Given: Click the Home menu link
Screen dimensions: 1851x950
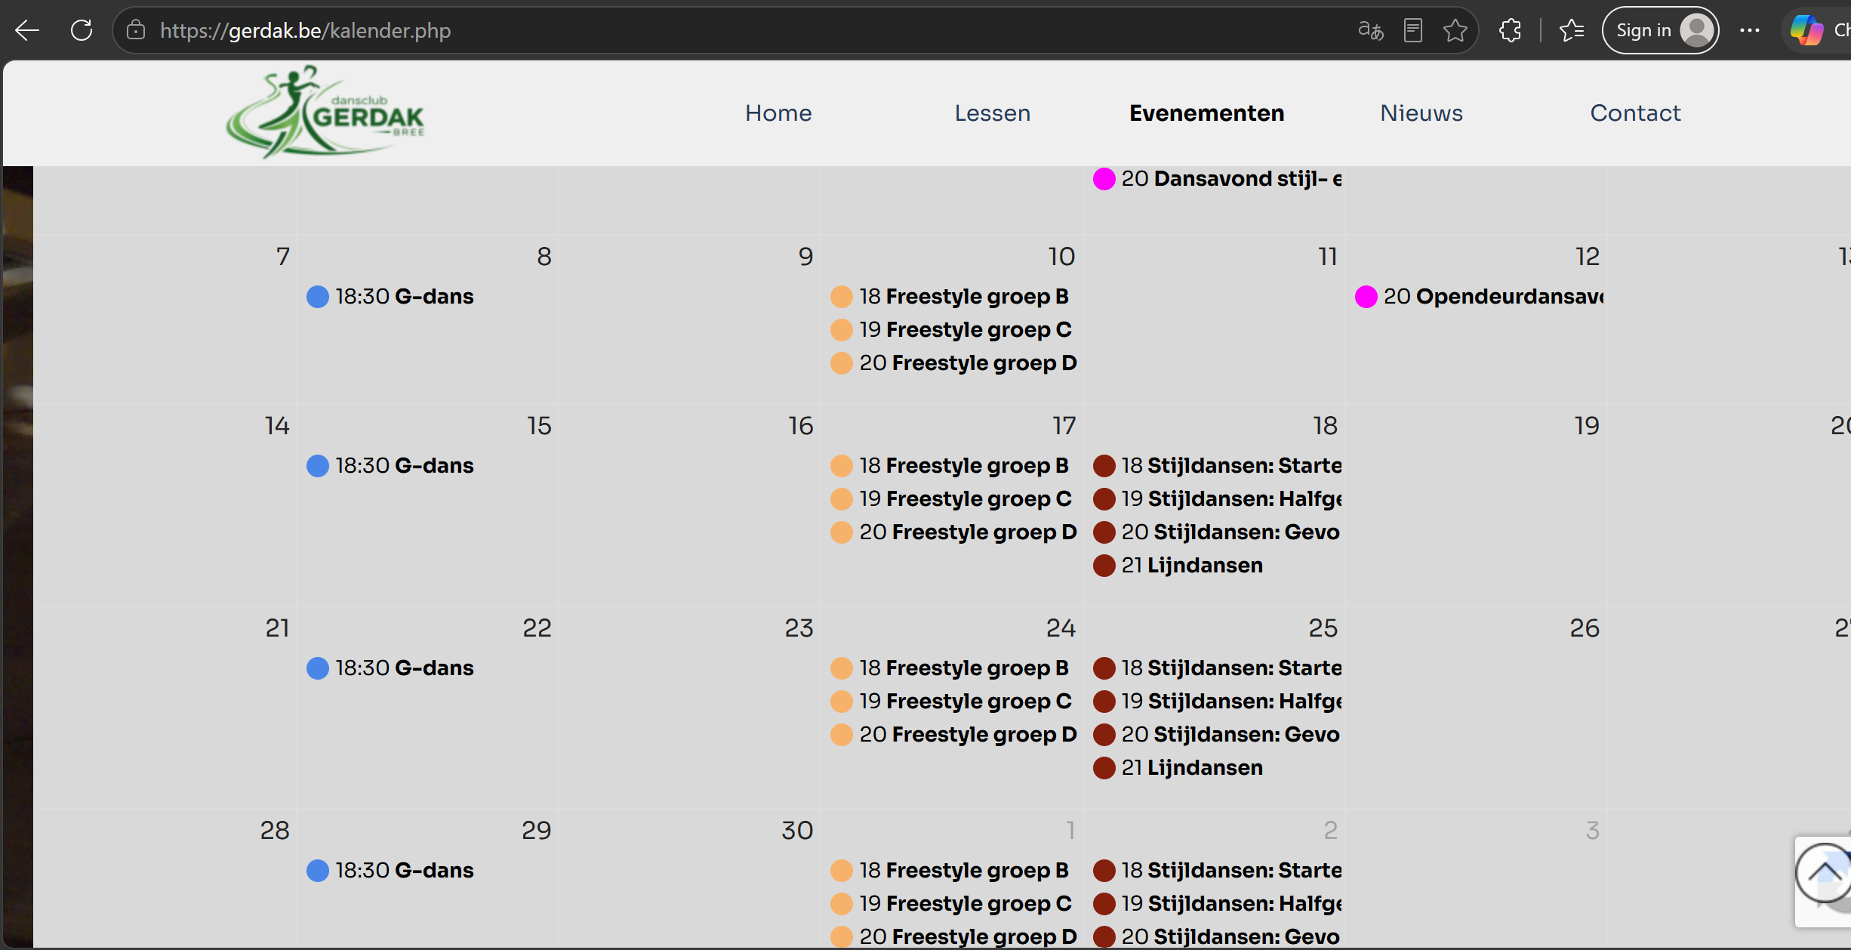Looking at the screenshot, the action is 778,113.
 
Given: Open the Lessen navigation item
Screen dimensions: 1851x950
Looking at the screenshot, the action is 992,113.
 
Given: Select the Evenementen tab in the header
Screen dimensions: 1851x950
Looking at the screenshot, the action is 1206,113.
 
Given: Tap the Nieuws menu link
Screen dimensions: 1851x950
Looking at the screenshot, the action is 1421,113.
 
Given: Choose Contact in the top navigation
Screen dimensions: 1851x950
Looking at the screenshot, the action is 1635,113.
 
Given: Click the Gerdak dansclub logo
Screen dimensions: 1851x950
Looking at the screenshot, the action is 325,112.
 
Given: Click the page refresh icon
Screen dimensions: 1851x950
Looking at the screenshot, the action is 82,30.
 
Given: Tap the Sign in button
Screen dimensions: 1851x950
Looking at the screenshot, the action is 1660,30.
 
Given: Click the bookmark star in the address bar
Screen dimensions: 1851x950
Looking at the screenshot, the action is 1455,30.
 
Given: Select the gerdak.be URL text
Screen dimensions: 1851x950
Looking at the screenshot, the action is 305,30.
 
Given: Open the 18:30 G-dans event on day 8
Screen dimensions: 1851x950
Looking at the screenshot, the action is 390,297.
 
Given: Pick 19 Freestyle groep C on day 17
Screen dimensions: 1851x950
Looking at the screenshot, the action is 951,499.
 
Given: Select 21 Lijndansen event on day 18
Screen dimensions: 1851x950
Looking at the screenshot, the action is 1178,566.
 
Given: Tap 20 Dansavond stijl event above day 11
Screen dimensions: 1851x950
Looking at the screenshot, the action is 1218,179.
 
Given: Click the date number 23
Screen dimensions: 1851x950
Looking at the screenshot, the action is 799,628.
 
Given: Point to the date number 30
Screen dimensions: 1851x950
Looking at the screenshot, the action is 797,831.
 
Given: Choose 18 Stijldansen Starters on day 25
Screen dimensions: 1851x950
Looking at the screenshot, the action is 1218,668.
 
